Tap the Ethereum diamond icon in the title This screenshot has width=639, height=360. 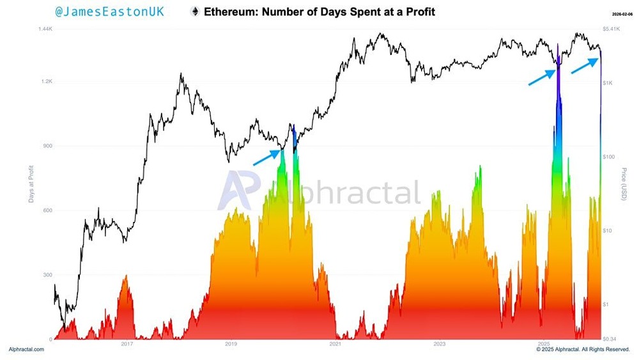(x=194, y=12)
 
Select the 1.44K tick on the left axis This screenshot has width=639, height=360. (x=44, y=29)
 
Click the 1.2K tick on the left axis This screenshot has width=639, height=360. (x=45, y=82)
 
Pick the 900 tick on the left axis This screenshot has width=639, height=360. (x=47, y=146)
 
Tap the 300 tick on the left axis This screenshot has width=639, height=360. (x=47, y=275)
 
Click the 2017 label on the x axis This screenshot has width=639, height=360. (x=127, y=345)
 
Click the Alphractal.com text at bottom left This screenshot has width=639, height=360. (x=26, y=350)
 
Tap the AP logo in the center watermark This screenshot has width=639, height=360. (x=239, y=191)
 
